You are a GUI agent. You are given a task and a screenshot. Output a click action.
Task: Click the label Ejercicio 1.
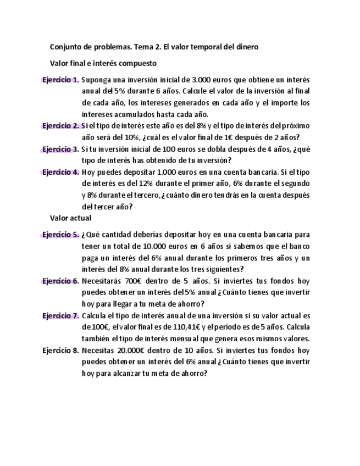pyautogui.click(x=60, y=80)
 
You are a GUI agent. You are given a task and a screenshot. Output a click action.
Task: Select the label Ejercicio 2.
pyautogui.click(x=60, y=126)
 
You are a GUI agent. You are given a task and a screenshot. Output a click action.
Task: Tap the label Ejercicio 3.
pyautogui.click(x=60, y=149)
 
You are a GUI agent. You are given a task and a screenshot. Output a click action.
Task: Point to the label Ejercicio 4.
pyautogui.click(x=60, y=172)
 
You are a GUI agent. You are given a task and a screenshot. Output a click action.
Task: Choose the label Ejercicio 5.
pyautogui.click(x=60, y=235)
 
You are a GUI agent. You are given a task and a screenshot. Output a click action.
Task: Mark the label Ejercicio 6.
pyautogui.click(x=60, y=281)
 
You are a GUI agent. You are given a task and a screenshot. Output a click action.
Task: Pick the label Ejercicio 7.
pyautogui.click(x=60, y=316)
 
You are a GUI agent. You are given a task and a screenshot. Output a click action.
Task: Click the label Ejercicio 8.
pyautogui.click(x=60, y=350)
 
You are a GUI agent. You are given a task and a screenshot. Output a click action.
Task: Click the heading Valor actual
pyautogui.click(x=71, y=218)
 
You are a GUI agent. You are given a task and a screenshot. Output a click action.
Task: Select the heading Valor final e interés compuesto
pyautogui.click(x=103, y=63)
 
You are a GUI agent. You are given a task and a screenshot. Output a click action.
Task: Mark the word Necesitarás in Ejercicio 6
pyautogui.click(x=102, y=281)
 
